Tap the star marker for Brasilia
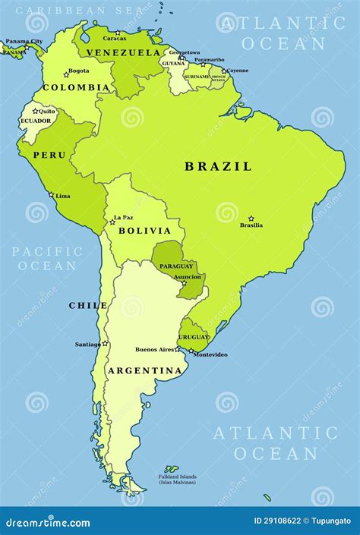click(x=251, y=219)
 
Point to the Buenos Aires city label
click(x=155, y=349)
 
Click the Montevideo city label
click(x=210, y=354)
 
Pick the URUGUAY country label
click(x=194, y=336)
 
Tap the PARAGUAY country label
click(x=175, y=266)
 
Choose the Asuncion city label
click(x=188, y=277)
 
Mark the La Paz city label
click(x=123, y=218)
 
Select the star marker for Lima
click(x=52, y=194)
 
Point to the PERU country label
click(x=49, y=155)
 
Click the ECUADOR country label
click(x=36, y=121)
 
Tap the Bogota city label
click(x=78, y=71)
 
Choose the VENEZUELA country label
click(x=123, y=52)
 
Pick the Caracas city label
click(x=115, y=38)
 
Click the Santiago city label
click(x=87, y=344)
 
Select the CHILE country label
click(x=88, y=305)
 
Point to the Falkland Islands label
click(x=177, y=477)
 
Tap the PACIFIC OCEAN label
click(x=47, y=258)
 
